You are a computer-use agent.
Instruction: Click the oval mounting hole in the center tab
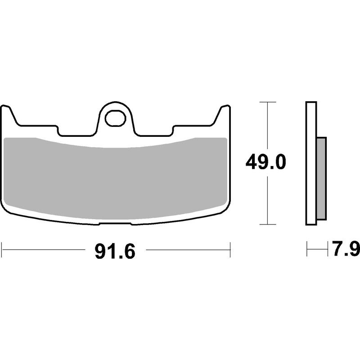(x=115, y=118)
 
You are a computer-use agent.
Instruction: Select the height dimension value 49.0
(x=265, y=162)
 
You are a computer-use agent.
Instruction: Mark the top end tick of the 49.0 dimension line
(x=268, y=103)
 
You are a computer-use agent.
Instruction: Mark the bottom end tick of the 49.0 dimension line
(x=268, y=224)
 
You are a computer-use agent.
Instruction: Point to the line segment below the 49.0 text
(x=268, y=200)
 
